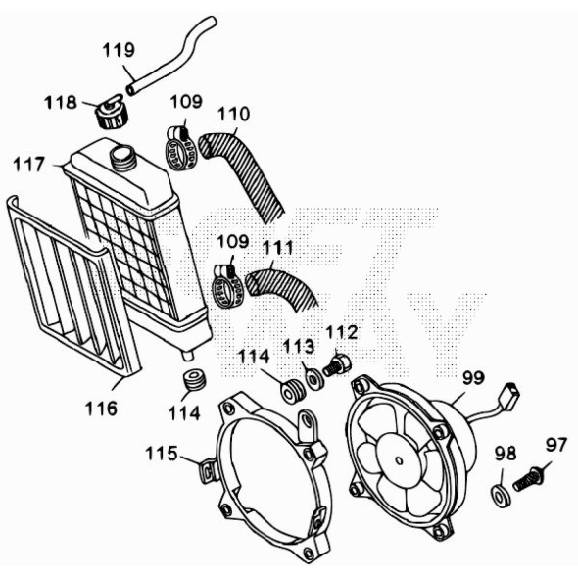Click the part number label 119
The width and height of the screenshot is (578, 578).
point(119,50)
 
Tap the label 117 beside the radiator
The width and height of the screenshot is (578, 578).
point(28,165)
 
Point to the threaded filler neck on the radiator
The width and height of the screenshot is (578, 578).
point(123,158)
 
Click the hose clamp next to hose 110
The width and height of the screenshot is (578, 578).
point(180,149)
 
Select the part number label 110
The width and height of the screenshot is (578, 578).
point(234,114)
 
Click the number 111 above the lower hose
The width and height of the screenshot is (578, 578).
point(278,248)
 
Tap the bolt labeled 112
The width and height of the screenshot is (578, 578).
point(337,364)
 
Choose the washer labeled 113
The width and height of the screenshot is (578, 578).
point(315,379)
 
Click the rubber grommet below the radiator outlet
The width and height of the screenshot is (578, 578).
point(194,380)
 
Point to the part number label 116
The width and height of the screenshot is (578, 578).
point(101,409)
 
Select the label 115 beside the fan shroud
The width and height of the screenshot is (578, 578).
point(162,453)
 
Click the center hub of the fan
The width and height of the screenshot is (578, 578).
point(400,460)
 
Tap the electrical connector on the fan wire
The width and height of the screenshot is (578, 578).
point(509,394)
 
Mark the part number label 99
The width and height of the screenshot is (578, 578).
point(474,378)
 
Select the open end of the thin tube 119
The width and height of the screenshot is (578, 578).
point(131,90)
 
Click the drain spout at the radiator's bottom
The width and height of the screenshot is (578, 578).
point(188,355)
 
